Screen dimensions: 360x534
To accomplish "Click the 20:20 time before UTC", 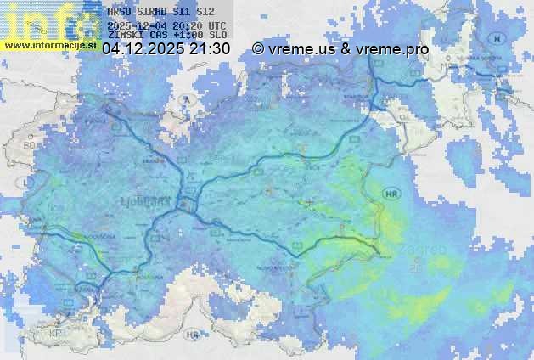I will (x=188, y=25).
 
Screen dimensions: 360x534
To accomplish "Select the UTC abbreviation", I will (x=216, y=25).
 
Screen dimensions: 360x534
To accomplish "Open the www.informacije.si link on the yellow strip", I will (x=49, y=45).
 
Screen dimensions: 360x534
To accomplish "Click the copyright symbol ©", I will (x=258, y=49).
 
